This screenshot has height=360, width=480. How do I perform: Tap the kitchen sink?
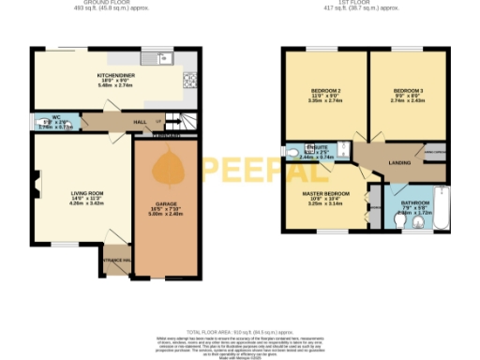coord(166,60)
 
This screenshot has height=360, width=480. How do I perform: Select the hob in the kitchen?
coord(191,80)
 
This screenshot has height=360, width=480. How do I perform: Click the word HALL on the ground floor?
coord(140,121)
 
